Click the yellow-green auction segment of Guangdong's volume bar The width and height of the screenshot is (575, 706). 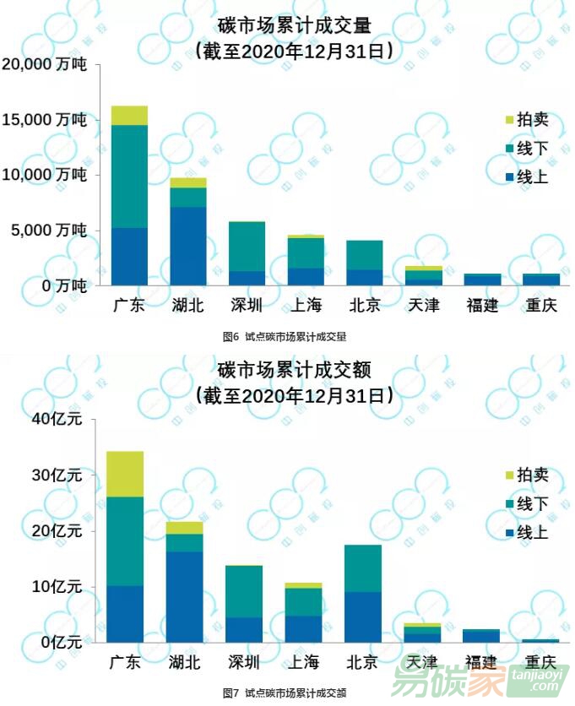tap(129, 116)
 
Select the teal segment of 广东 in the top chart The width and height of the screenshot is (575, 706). tap(129, 176)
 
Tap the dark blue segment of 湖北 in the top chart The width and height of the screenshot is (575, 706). tap(187, 246)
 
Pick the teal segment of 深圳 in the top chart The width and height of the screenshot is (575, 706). tap(247, 247)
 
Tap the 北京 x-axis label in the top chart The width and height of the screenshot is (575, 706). tap(364, 306)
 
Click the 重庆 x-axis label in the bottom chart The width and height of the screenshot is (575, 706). tap(540, 660)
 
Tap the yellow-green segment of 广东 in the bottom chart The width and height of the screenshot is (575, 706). tap(124, 474)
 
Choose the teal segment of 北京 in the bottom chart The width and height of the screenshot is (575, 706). tap(364, 568)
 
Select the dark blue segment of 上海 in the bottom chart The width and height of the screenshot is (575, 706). tap(304, 629)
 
